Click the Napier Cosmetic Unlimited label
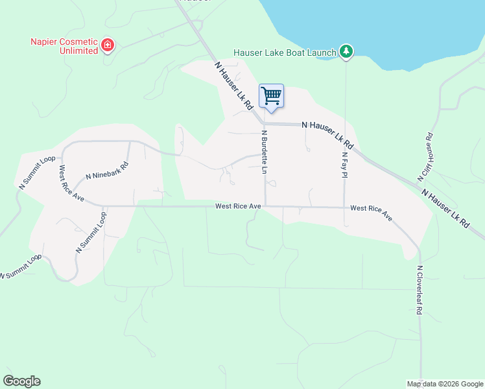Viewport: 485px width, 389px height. (64, 46)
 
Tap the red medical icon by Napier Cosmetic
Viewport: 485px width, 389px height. (108, 45)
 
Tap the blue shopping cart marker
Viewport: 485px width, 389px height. (271, 96)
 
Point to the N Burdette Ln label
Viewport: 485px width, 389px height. (265, 152)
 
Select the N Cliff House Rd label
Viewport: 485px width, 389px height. (425, 157)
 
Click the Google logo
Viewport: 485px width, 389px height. (21, 381)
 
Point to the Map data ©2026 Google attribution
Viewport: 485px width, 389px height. (445, 384)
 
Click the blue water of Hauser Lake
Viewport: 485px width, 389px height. (389, 26)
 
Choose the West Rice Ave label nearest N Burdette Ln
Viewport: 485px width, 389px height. (238, 206)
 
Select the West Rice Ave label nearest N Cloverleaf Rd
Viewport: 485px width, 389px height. (372, 213)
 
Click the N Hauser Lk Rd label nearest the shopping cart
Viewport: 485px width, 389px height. (233, 86)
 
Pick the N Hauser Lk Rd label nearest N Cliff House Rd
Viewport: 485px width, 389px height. (446, 207)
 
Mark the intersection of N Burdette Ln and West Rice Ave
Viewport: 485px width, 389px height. (265, 206)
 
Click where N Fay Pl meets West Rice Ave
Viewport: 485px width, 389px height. (344, 207)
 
